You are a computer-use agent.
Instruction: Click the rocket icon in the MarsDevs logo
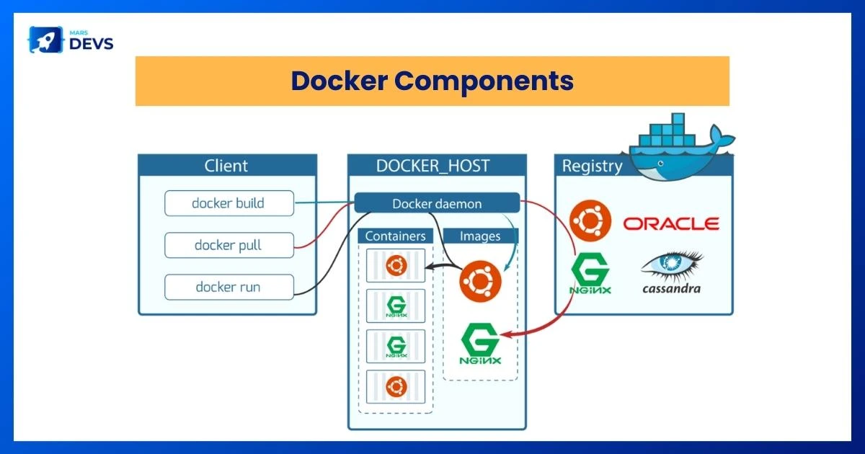click(41, 40)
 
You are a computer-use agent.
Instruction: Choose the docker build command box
click(229, 203)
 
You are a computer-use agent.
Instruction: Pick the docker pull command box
click(229, 245)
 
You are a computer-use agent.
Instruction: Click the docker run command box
click(229, 287)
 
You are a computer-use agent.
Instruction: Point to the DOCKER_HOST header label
click(432, 166)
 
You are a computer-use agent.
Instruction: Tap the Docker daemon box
click(437, 204)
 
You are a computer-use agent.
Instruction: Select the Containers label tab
click(395, 236)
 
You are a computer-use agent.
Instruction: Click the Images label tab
click(479, 236)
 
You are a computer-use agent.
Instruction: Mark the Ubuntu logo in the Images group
click(479, 280)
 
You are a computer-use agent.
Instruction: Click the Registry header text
click(592, 166)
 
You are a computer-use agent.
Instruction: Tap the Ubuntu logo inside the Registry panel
click(590, 221)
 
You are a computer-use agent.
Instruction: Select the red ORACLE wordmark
click(671, 223)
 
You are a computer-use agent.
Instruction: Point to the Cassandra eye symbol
click(672, 265)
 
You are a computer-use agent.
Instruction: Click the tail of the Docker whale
click(720, 137)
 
